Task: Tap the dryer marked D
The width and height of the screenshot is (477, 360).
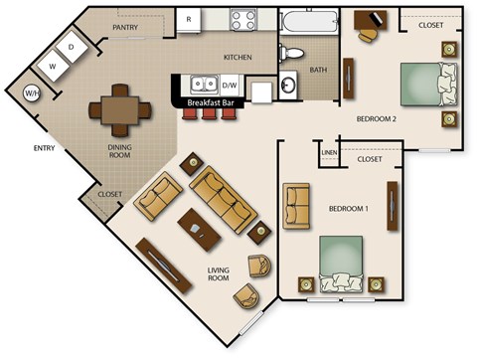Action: (x=72, y=48)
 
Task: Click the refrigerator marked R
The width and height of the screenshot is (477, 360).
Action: (x=189, y=19)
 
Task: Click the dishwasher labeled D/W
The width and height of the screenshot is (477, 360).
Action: (x=230, y=86)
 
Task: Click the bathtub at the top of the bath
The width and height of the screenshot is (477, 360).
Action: (x=308, y=22)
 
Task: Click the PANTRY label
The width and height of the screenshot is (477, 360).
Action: (x=125, y=28)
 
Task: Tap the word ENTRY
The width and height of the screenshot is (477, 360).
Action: (x=44, y=150)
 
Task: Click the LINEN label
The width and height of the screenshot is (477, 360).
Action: (x=330, y=152)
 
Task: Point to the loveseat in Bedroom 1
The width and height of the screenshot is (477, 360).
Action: (x=297, y=204)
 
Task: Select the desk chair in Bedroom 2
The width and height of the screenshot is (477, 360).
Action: (x=369, y=33)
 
